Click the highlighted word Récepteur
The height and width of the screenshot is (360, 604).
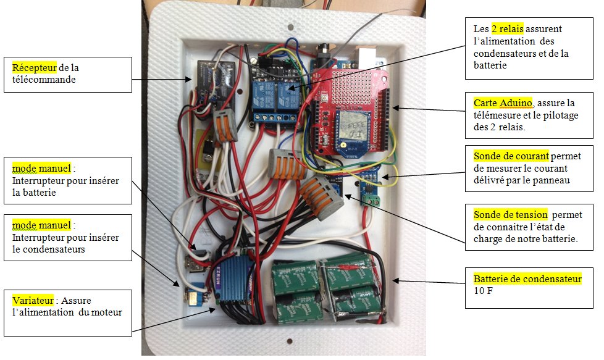[35, 68]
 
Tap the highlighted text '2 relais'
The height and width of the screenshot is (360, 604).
[507, 29]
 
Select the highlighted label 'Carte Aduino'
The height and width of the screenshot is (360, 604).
[503, 103]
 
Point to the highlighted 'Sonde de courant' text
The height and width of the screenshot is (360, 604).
[511, 156]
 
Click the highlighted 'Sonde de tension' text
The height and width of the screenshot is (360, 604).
[510, 214]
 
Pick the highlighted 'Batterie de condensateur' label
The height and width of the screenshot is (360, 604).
[527, 278]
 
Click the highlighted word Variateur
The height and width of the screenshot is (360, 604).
[33, 300]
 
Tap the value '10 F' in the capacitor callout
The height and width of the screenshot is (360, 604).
[483, 291]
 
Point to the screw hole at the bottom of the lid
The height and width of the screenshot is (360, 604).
[290, 341]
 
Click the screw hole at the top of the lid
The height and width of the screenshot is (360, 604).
[291, 27]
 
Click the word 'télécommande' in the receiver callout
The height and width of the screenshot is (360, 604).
[44, 80]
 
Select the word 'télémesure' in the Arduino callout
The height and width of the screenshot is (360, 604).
[497, 115]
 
